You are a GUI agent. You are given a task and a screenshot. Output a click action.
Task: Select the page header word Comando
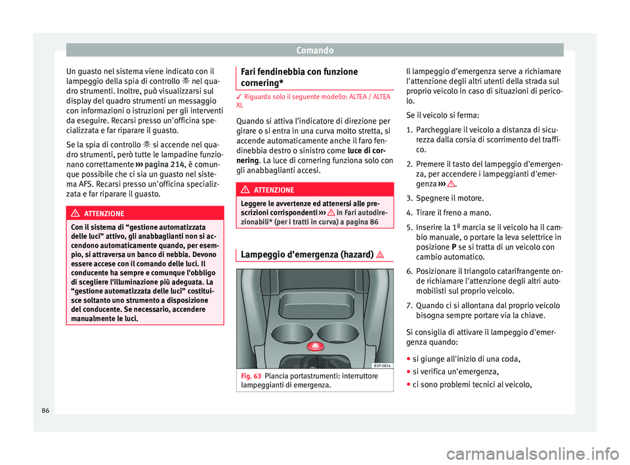(315, 49)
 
